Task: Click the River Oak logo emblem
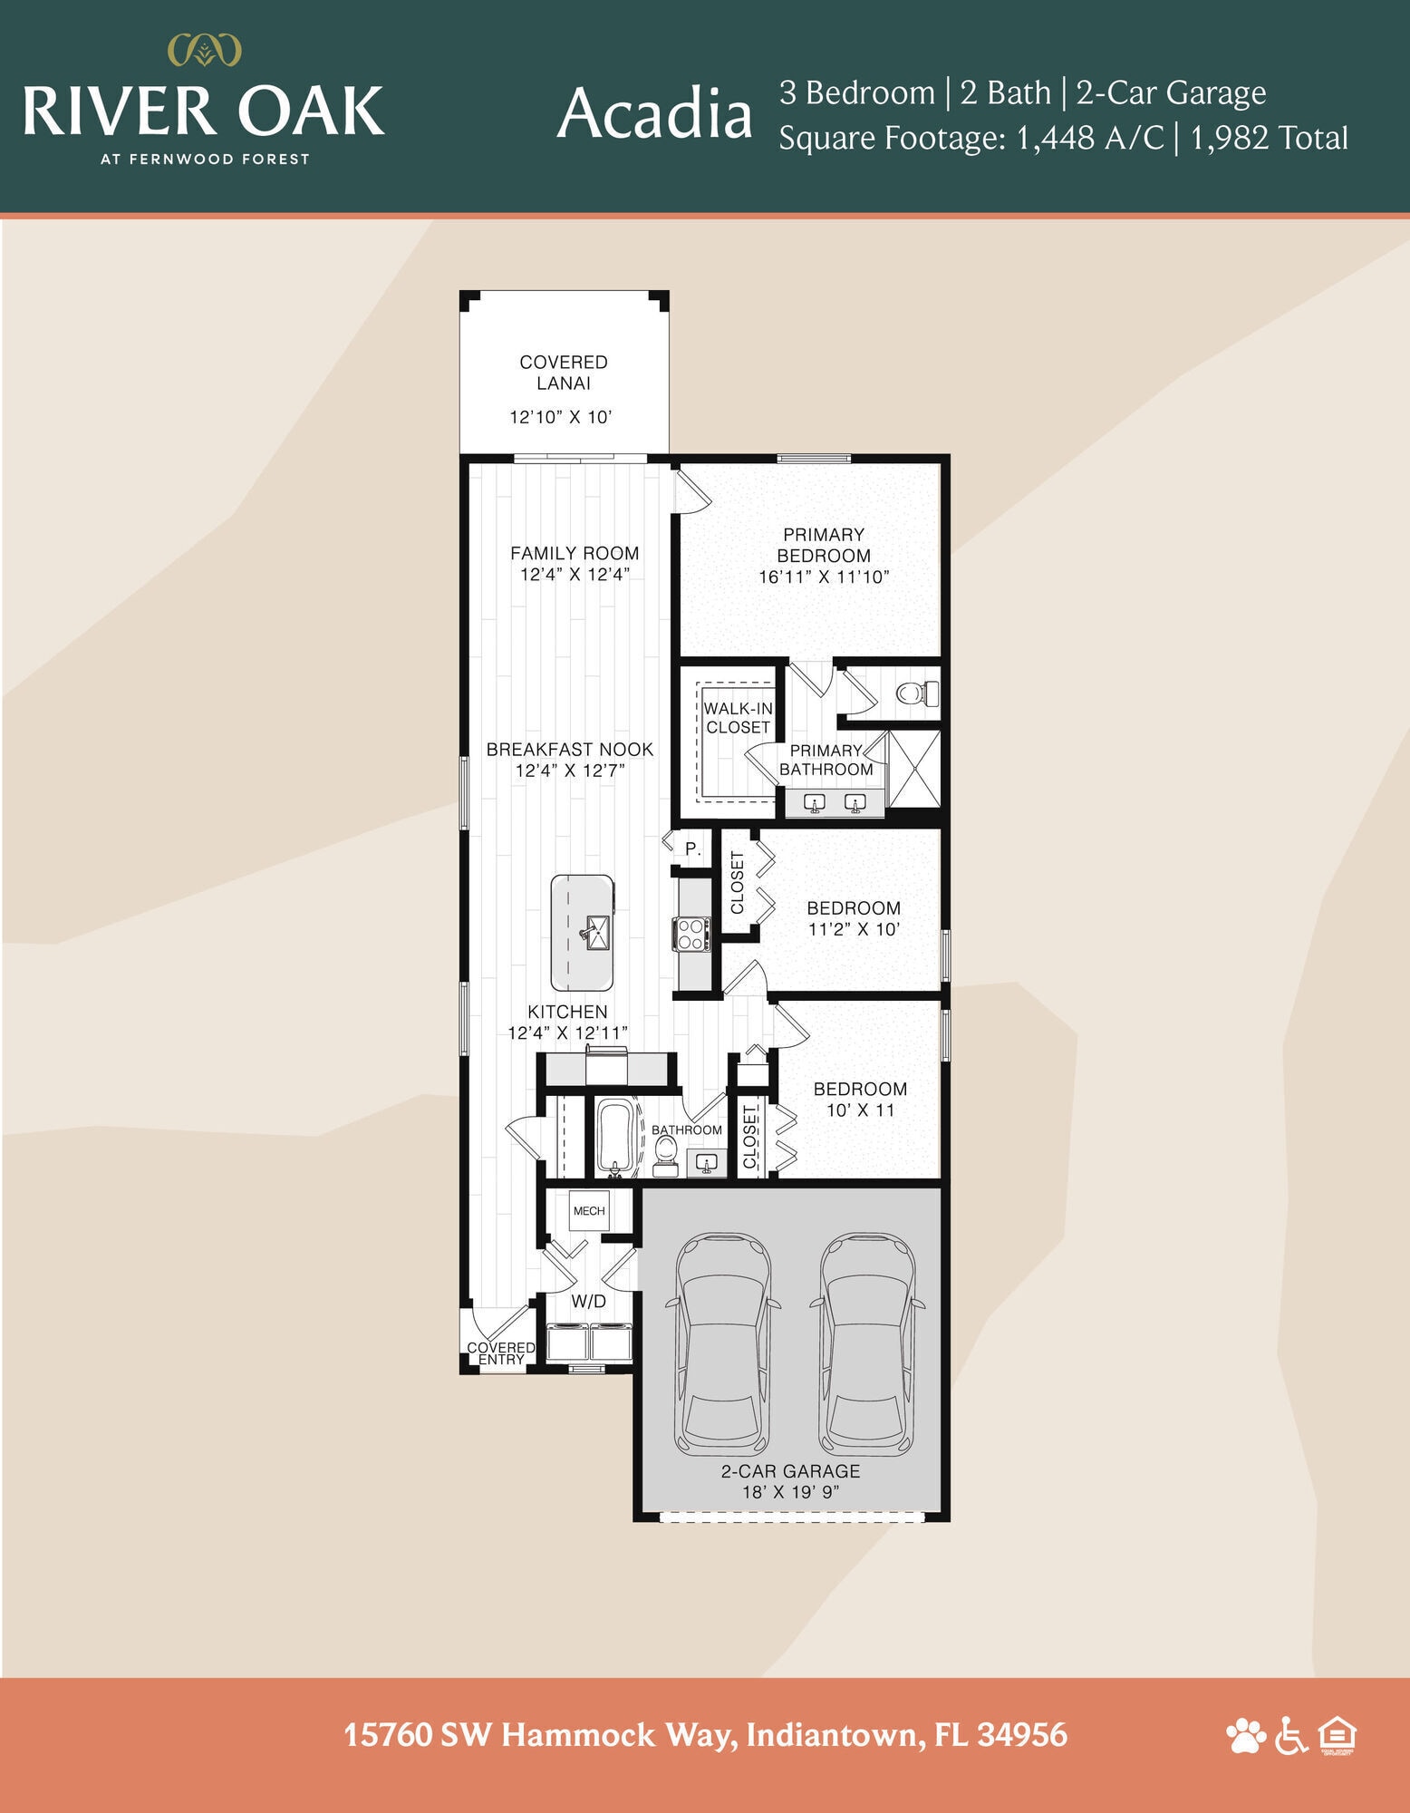[x=206, y=50]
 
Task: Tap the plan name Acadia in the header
[x=654, y=115]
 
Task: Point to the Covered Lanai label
[x=564, y=373]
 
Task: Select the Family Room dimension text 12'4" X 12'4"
[x=575, y=574]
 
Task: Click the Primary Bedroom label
[x=824, y=545]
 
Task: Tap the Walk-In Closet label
[x=739, y=718]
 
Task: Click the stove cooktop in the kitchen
[x=691, y=935]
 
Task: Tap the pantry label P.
[x=693, y=849]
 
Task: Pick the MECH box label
[x=589, y=1211]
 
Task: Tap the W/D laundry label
[x=588, y=1302]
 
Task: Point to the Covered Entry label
[x=501, y=1353]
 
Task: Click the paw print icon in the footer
[x=1246, y=1736]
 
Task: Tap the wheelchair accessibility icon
[x=1291, y=1736]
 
